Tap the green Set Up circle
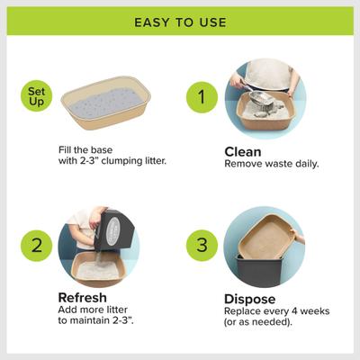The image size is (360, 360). [x=39, y=96]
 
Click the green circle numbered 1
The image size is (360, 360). [x=202, y=97]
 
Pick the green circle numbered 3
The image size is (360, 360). [x=202, y=244]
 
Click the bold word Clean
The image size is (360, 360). [x=243, y=152]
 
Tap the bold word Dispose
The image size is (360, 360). [x=251, y=298]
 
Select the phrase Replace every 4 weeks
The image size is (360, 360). [x=275, y=310]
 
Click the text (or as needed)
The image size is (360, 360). [x=259, y=322]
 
